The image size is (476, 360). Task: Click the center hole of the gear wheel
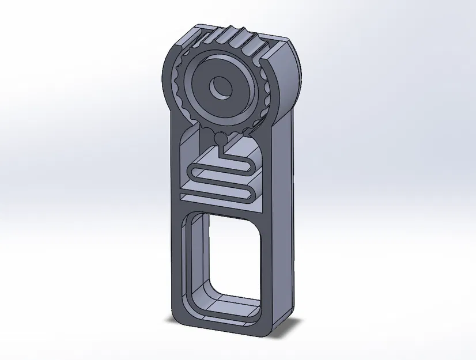(221, 88)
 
